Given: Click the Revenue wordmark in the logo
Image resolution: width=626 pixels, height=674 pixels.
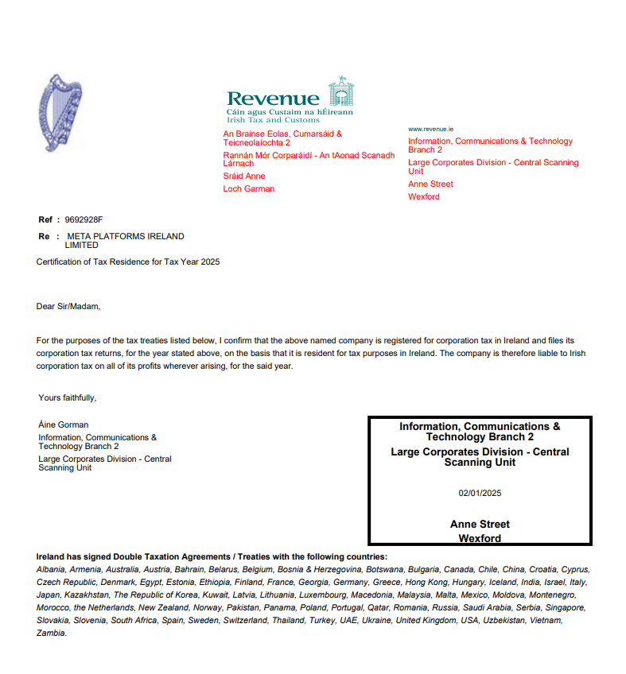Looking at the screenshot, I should [x=273, y=99].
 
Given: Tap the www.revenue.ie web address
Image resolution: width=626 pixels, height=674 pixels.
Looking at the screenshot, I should [x=430, y=129].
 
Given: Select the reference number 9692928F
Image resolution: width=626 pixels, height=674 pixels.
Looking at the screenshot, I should [x=84, y=219].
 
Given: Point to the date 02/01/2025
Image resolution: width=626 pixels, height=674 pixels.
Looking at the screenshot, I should [x=480, y=493].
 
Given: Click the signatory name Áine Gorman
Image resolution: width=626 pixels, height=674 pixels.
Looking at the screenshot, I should [x=64, y=424].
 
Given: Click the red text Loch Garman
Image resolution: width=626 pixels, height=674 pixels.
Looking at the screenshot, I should [x=249, y=189].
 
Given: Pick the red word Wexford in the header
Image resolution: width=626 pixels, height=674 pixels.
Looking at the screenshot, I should [x=424, y=196].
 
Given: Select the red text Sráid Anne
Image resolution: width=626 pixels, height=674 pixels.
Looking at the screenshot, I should [x=244, y=176].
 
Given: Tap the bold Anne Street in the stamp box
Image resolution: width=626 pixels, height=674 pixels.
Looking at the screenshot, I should [x=480, y=525].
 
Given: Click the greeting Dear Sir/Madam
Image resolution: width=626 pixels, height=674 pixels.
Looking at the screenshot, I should [x=69, y=306].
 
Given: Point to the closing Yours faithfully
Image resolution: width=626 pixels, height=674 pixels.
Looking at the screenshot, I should [x=68, y=397].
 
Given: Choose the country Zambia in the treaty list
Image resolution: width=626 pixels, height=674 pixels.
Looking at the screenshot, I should [x=52, y=633].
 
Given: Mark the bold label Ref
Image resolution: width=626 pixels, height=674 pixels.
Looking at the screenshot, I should [x=45, y=219].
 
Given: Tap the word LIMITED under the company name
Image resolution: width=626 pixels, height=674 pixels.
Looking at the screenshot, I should [x=81, y=246].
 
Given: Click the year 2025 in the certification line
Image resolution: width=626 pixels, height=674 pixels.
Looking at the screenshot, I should [x=209, y=261].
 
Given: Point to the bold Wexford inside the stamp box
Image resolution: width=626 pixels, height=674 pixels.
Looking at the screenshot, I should [x=480, y=539].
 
